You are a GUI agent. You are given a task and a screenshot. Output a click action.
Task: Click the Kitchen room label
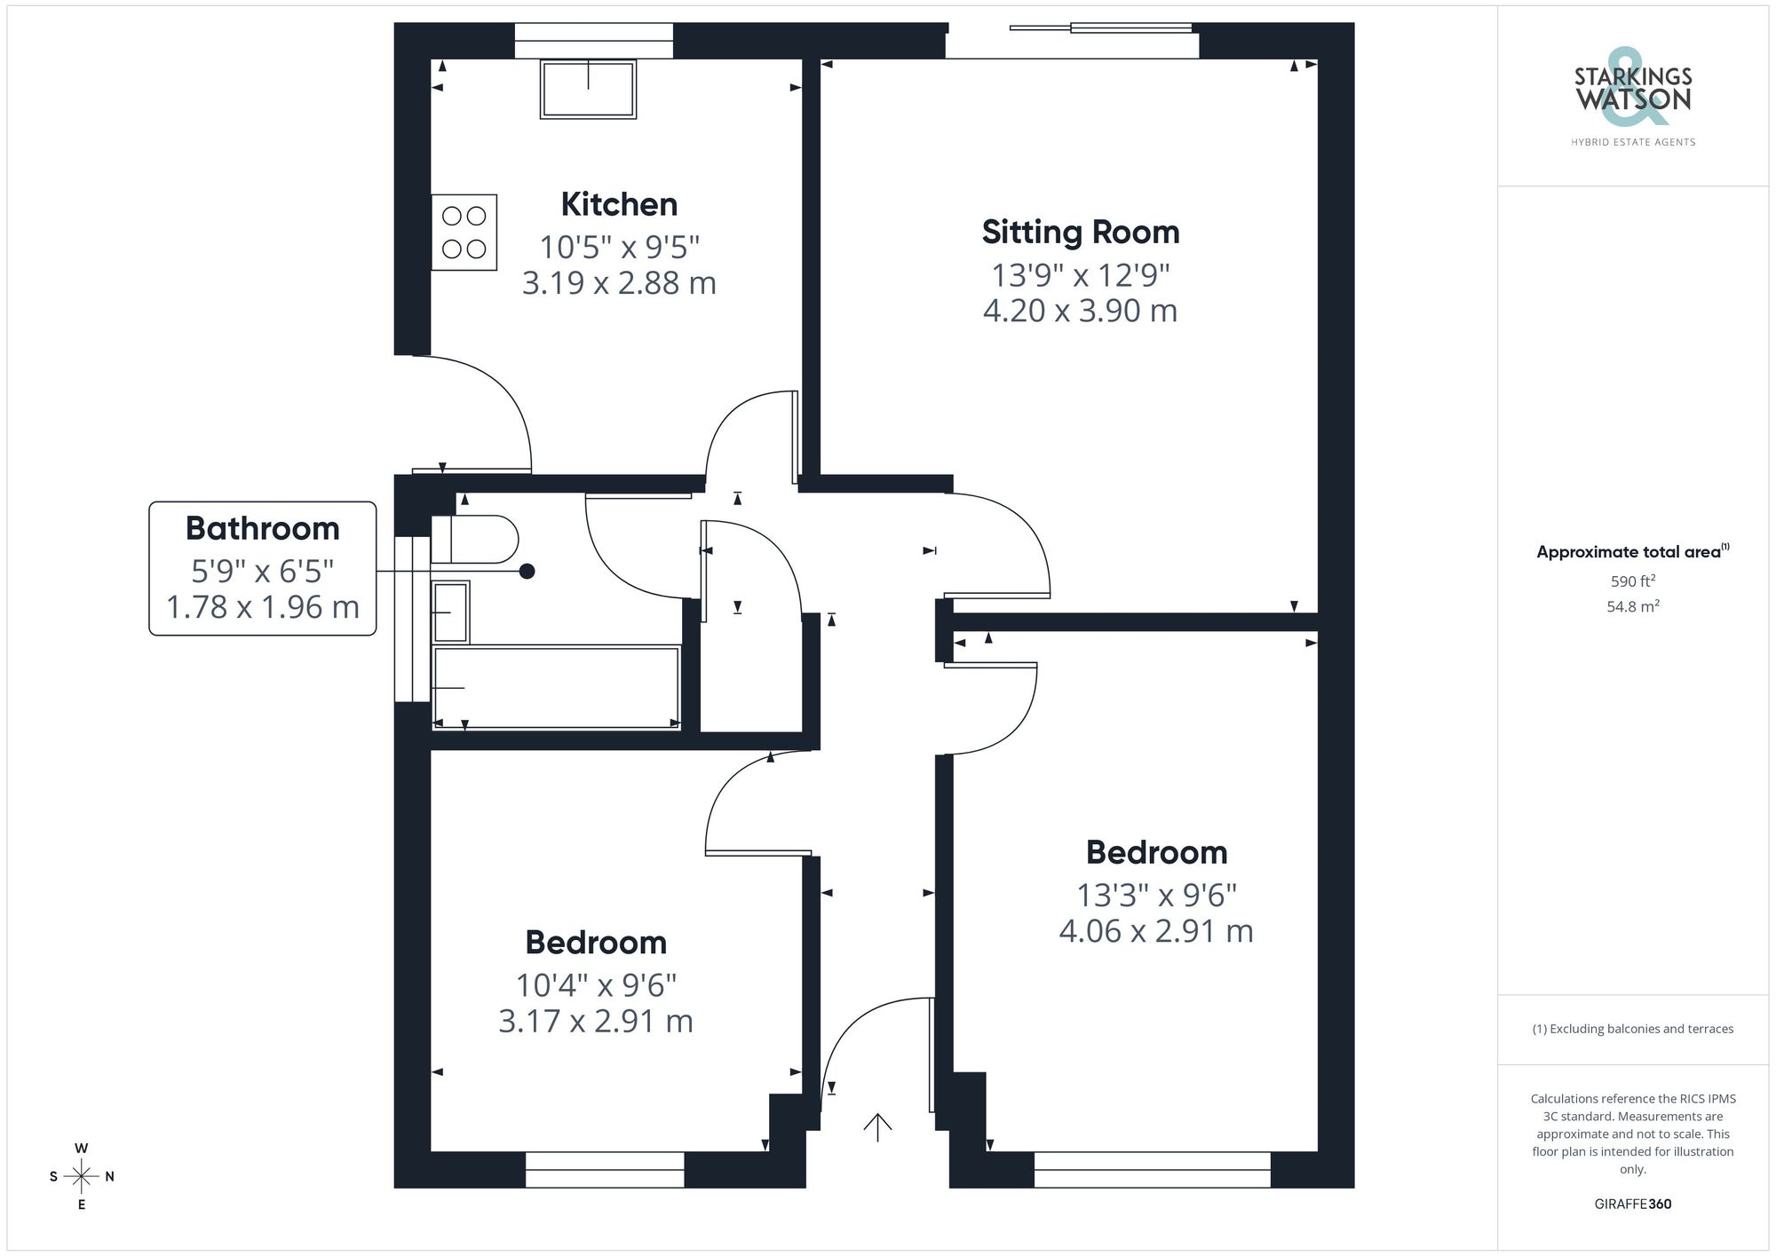pos(619,205)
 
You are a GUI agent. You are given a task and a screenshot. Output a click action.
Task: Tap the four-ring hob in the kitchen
pos(464,232)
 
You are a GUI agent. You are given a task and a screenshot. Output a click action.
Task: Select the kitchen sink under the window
pos(588,89)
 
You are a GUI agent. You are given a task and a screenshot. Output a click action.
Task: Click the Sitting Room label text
pos(1081,233)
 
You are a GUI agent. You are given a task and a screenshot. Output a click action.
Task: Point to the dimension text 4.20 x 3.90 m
pos(1080,311)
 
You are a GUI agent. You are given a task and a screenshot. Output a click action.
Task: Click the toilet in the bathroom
pos(476,540)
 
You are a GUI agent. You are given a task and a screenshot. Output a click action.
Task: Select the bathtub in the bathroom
pos(556,688)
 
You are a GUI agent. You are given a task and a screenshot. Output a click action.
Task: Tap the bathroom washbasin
pos(450,612)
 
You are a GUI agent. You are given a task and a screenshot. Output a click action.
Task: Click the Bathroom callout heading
pos(262,528)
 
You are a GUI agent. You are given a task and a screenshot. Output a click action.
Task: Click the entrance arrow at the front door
pos(877,1127)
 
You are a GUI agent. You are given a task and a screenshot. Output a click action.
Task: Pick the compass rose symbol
pos(82,1177)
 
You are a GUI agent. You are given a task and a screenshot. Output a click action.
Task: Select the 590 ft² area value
pos(1632,581)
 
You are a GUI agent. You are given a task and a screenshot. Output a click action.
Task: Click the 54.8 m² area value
pos(1632,606)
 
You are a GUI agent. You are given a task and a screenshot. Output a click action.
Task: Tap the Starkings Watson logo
pos(1632,98)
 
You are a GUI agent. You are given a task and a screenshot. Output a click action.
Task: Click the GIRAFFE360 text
pos(1632,1204)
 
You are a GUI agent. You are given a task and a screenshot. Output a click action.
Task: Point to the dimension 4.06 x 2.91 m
pos(1156,931)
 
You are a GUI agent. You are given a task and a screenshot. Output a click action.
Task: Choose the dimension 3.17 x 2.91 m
pos(595,1021)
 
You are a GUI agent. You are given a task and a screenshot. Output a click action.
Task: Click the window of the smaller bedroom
pos(605,1169)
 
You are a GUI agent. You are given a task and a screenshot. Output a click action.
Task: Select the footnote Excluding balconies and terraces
pos(1632,1029)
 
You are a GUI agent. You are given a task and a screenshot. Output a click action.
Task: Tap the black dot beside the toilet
pos(527,572)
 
